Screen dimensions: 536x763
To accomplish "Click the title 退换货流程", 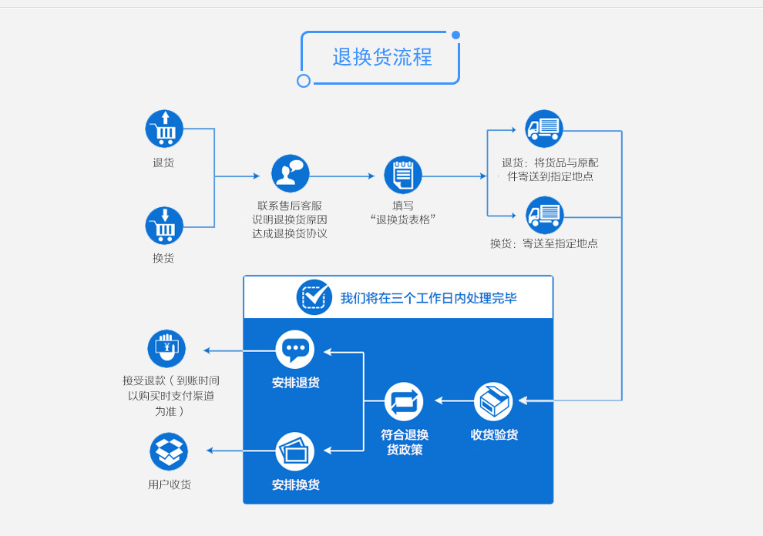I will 381,58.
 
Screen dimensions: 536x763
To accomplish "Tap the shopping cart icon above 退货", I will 164,129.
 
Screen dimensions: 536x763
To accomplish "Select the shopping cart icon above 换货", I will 164,226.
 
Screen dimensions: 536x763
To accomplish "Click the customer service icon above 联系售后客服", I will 290,173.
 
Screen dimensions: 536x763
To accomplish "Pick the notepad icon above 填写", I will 403,175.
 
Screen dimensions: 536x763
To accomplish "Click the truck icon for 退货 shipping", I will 544,129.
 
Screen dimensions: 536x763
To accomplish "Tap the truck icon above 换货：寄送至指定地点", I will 544,215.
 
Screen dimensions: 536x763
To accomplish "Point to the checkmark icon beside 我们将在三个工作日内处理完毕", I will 314,297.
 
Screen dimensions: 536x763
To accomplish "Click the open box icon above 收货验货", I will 493,401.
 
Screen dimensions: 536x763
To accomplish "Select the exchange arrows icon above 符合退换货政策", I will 404,401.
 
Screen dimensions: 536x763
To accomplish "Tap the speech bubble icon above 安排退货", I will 295,350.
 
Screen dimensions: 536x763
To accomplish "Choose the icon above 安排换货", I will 295,451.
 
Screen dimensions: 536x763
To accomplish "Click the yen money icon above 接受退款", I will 166,349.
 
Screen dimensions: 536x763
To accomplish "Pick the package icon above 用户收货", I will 169,451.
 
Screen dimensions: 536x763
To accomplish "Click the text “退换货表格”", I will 403,219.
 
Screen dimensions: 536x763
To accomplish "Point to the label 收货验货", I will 494,435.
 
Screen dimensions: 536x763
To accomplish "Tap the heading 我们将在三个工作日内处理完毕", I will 429,298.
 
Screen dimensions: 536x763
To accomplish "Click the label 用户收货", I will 170,484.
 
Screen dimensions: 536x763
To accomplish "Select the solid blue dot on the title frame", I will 455,35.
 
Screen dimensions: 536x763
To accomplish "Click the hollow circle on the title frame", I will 304,81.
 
